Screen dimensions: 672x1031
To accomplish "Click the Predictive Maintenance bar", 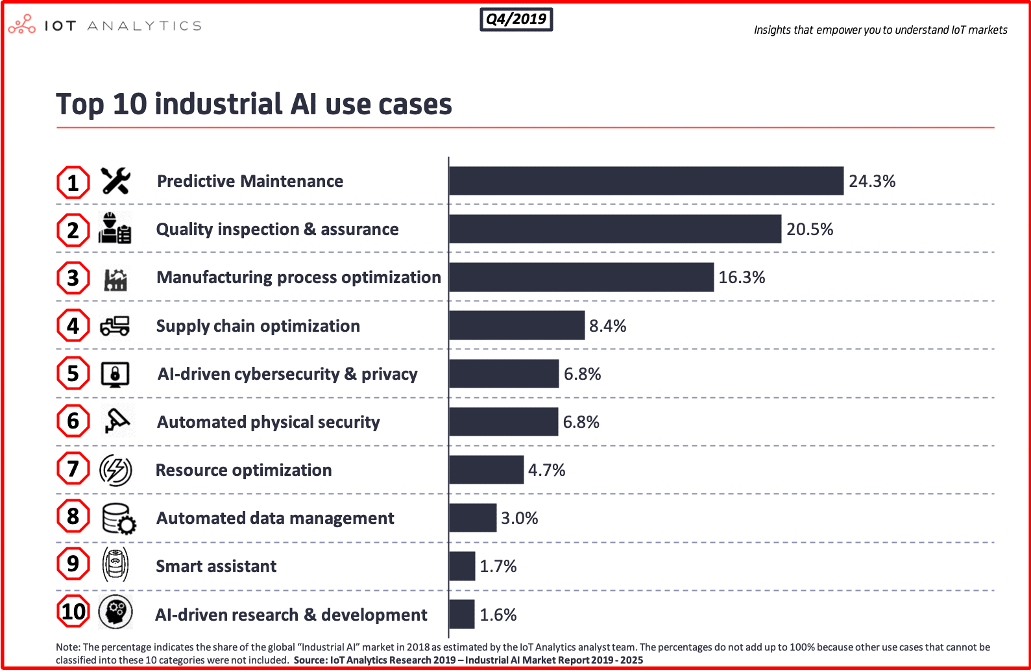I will click(x=646, y=181).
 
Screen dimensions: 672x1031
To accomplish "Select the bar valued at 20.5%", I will click(x=614, y=229).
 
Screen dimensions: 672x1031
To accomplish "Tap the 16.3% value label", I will click(x=742, y=277).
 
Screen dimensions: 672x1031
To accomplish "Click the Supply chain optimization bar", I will click(x=516, y=325).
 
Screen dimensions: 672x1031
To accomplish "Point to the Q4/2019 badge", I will click(x=516, y=19).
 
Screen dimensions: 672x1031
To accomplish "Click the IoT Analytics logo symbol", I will click(x=21, y=25).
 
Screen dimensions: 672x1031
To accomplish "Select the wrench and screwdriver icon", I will click(x=115, y=181).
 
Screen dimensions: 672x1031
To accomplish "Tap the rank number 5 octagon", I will click(x=73, y=373).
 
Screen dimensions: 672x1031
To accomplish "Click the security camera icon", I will click(x=117, y=421).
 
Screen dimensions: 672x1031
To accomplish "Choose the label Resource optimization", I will click(x=243, y=470).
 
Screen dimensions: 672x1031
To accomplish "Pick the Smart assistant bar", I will click(x=462, y=566).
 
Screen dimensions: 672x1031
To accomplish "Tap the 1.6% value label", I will click(x=498, y=615).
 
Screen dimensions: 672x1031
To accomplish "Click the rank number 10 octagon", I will click(x=73, y=612).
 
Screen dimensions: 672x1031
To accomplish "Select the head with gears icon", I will click(x=115, y=612).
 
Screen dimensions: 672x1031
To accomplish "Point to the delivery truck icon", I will click(x=115, y=325).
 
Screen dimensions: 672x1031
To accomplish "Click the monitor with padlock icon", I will click(x=115, y=374).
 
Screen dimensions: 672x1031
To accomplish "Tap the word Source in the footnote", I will click(x=310, y=660).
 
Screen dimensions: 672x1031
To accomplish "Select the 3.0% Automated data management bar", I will click(x=472, y=518).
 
